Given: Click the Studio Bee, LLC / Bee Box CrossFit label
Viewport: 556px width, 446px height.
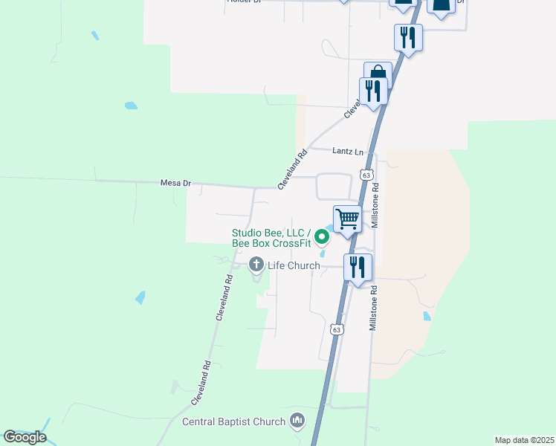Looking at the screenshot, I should pyautogui.click(x=271, y=238).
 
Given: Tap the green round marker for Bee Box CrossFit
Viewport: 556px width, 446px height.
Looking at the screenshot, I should pyautogui.click(x=322, y=238).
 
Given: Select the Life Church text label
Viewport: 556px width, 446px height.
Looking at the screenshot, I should pyautogui.click(x=294, y=265).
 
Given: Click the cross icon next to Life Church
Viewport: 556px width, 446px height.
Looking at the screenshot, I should pyautogui.click(x=256, y=265).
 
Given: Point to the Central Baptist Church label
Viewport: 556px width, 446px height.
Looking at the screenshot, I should pyautogui.click(x=234, y=422).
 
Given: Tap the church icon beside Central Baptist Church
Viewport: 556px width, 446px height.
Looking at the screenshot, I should pyautogui.click(x=297, y=421).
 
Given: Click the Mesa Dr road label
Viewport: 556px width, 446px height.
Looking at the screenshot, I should pyautogui.click(x=175, y=183).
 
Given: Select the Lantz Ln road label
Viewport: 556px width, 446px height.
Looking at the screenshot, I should pyautogui.click(x=348, y=152).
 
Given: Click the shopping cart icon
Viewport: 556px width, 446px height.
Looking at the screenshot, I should pyautogui.click(x=347, y=219).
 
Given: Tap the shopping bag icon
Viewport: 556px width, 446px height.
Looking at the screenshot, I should pyautogui.click(x=378, y=74).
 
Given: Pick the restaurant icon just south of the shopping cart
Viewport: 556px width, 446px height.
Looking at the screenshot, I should pyautogui.click(x=358, y=267).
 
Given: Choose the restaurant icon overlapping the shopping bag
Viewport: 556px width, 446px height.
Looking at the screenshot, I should pyautogui.click(x=372, y=91).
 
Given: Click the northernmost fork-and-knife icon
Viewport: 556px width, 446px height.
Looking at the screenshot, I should pyautogui.click(x=407, y=37).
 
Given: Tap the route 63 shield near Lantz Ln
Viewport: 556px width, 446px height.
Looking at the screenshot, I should pyautogui.click(x=365, y=175).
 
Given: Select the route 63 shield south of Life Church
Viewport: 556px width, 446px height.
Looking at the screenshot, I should pyautogui.click(x=337, y=329).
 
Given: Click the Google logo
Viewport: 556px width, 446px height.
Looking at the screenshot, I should pyautogui.click(x=25, y=437).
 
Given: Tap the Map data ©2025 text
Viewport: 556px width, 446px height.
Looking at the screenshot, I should pyautogui.click(x=524, y=440).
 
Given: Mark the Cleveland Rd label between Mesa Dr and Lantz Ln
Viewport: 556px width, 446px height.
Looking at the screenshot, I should pyautogui.click(x=292, y=170).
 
